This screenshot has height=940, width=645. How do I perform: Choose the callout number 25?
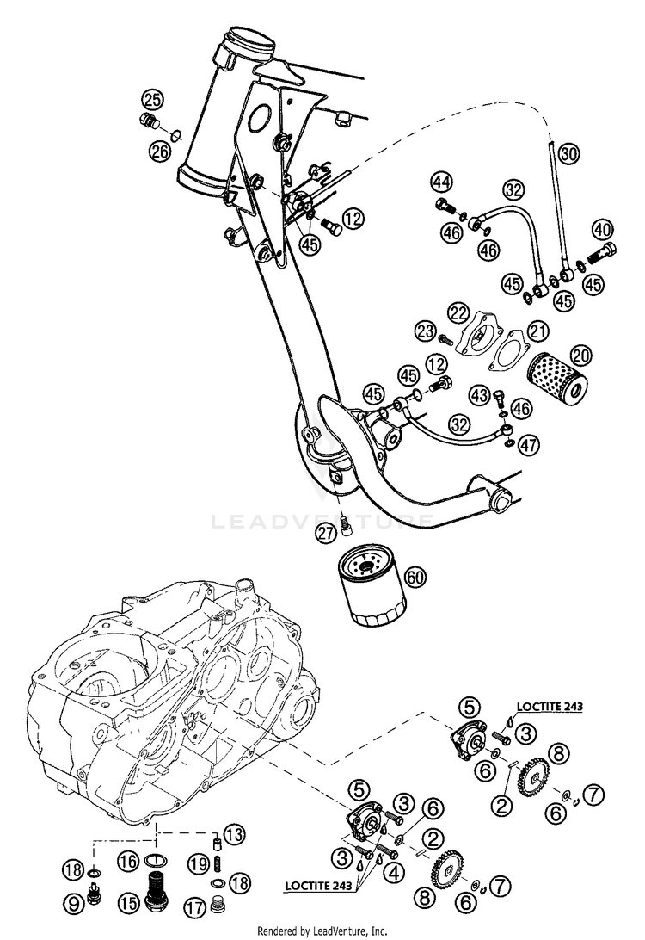[152, 96]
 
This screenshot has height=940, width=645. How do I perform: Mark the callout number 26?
[157, 152]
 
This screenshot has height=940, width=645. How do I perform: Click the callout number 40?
[602, 229]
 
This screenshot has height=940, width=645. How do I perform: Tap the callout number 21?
[538, 330]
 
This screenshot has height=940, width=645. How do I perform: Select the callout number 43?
[480, 395]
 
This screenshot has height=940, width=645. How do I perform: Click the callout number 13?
[236, 833]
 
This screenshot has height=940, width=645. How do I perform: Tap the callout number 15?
[129, 904]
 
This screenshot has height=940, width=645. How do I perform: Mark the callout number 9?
[74, 903]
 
